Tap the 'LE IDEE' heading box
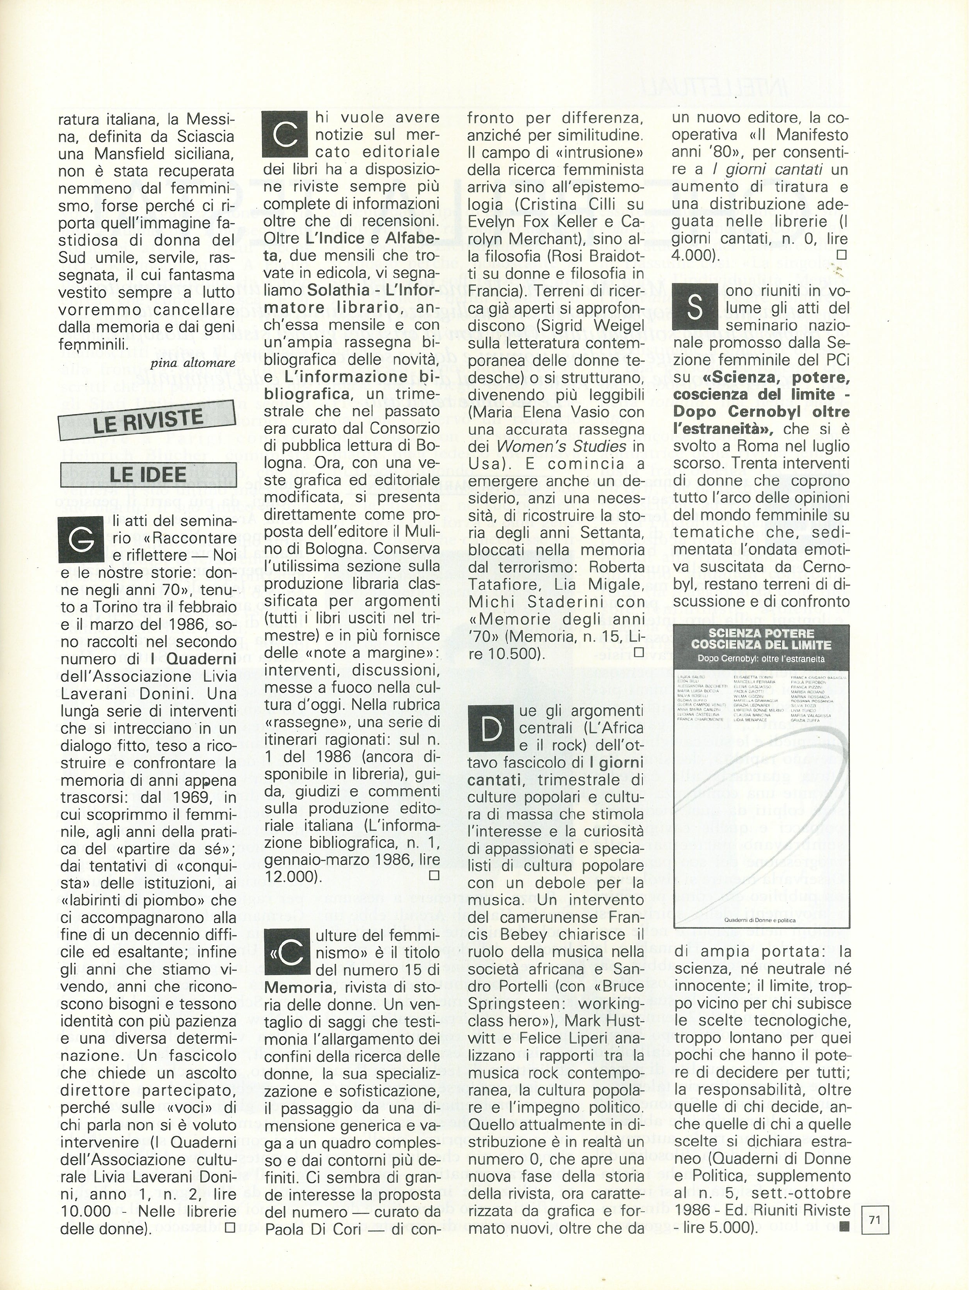(x=148, y=474)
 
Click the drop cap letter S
(x=694, y=308)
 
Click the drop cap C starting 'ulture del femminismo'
(x=286, y=954)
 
